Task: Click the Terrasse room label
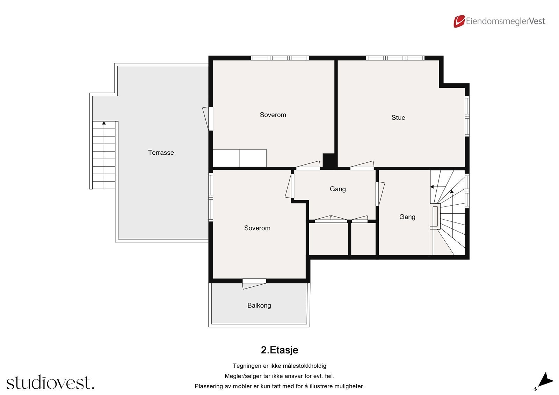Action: pos(161,153)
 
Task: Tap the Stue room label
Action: pos(398,118)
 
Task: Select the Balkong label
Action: pos(259,305)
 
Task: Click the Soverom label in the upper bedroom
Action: pos(273,115)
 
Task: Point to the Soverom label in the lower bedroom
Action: pos(257,228)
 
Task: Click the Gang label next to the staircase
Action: pos(407,217)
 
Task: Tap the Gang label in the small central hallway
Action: pos(337,189)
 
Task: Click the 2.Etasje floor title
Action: pos(279,350)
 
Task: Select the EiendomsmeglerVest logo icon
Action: pos(459,21)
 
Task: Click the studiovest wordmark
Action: pos(50,383)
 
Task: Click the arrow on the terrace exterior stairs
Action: pos(104,123)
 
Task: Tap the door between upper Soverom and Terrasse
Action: pos(209,118)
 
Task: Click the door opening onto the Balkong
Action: pos(254,283)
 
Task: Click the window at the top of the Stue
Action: pos(395,58)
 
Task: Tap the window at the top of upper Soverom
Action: pos(279,58)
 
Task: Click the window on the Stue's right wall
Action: pos(467,116)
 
